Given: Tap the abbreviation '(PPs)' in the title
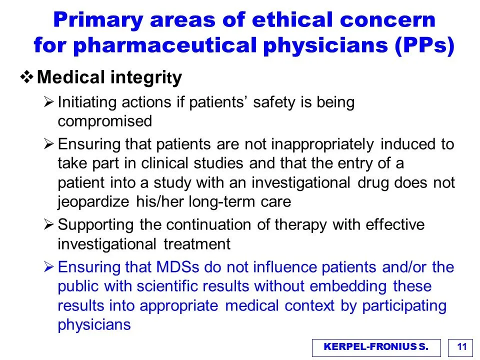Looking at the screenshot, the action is (424, 45).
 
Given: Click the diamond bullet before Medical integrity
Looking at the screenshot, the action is (27, 77).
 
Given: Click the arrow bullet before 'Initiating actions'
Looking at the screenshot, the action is (48, 101).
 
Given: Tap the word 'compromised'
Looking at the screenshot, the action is (104, 121).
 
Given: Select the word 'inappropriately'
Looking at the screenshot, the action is (322, 144).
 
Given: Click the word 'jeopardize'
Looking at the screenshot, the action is (93, 202).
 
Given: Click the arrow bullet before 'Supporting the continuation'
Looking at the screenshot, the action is (48, 224).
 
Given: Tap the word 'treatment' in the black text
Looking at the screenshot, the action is (197, 244).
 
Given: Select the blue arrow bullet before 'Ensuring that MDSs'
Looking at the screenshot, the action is (48, 267).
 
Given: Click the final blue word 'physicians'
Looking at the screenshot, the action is (94, 325).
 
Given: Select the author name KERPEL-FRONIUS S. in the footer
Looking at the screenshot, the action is (376, 347).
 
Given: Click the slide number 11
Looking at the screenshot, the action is (461, 347).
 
